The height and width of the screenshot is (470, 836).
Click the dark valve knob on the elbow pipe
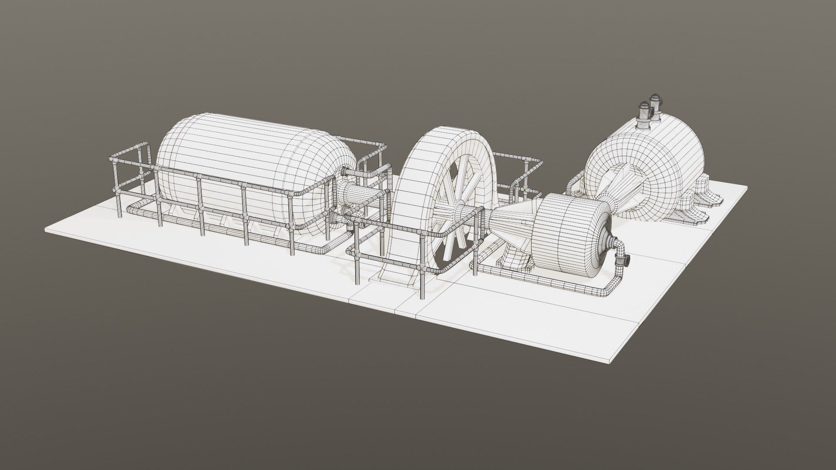(x=627, y=261)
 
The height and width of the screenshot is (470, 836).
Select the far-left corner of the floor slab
(x=47, y=230)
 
